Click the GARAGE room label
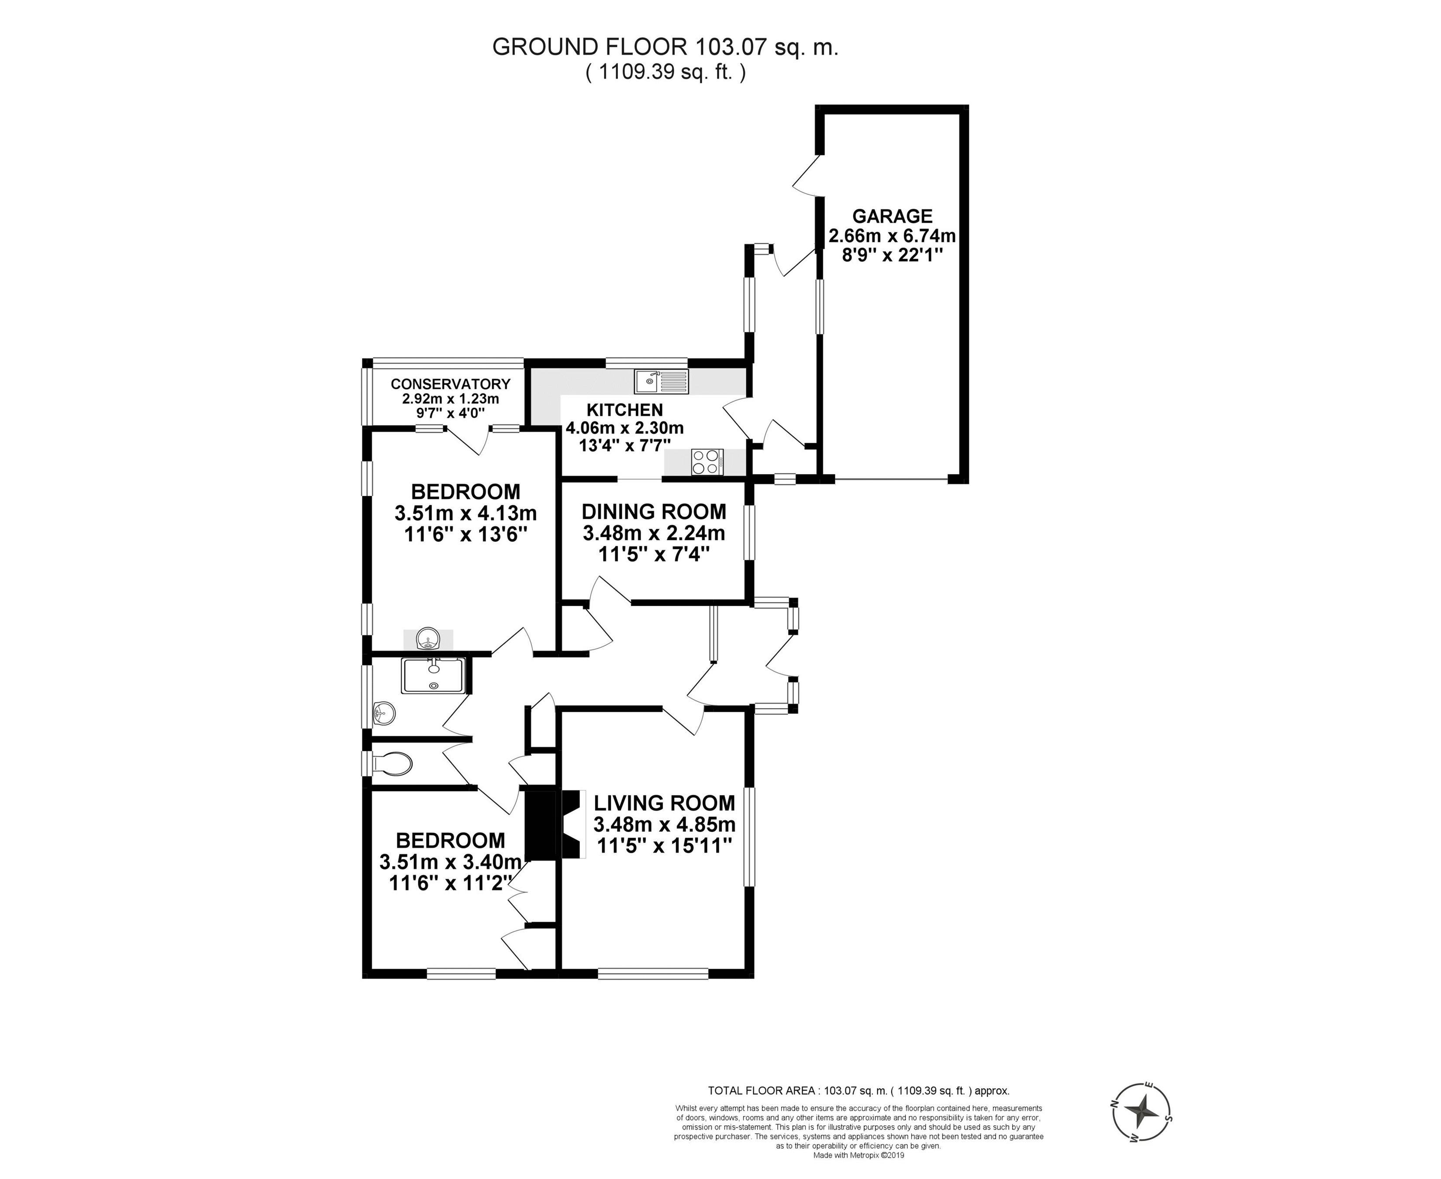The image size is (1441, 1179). [892, 216]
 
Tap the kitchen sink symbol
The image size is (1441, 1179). [661, 382]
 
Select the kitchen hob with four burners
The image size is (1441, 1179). [707, 462]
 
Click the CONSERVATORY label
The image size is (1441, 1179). [450, 384]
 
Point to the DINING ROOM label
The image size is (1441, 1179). [654, 511]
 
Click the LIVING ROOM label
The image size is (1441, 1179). [664, 803]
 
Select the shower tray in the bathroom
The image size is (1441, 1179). [433, 675]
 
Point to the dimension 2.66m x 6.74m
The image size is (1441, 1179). [892, 236]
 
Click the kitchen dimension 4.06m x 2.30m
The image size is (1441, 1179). [625, 428]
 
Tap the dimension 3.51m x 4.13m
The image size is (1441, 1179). [466, 512]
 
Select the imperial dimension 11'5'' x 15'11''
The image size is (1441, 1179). [664, 845]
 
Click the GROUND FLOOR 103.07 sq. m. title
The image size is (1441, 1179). [665, 47]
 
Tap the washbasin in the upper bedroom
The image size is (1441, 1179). [428, 638]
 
